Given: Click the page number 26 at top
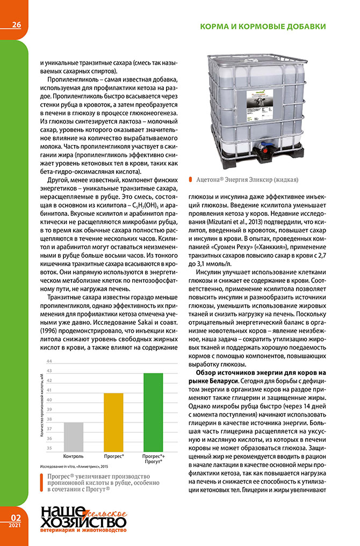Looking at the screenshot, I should point(13,25).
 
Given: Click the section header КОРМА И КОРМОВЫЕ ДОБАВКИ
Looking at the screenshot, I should point(263,26).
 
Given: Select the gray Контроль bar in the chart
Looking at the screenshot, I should point(73,436).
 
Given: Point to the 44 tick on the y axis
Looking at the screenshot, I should point(49,361).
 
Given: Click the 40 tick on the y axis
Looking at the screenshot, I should point(49,400).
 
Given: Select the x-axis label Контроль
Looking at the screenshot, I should point(73,456).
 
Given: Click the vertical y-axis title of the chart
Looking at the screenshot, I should point(41,405).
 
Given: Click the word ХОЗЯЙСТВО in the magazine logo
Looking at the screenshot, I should point(81,521).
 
